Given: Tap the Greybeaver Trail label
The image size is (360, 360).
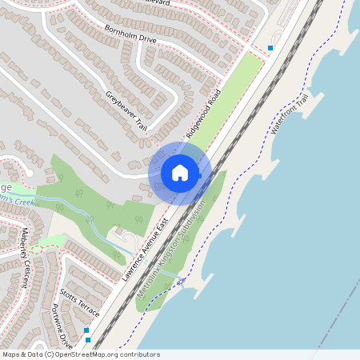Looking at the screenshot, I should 126,110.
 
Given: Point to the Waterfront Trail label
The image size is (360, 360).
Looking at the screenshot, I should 289,115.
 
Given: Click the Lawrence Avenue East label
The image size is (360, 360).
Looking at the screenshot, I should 149,250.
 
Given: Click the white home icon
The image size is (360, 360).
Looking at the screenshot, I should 180,172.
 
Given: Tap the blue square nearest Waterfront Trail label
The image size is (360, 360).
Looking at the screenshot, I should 270,48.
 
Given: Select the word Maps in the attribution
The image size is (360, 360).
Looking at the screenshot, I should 11,354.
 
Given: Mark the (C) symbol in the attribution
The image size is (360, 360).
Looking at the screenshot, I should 50,354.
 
